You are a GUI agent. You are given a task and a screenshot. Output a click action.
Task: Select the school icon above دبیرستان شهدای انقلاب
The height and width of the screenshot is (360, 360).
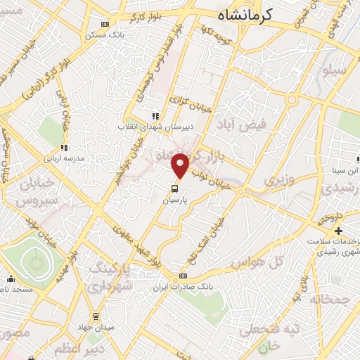tap(155, 116)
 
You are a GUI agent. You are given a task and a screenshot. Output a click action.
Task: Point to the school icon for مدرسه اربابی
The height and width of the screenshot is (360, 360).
tap(64, 148)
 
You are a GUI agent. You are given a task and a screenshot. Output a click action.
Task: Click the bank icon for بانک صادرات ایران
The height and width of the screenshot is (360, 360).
tap(184, 276)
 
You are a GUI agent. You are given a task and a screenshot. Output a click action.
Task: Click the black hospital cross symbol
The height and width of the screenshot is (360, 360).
tap(337, 231)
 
